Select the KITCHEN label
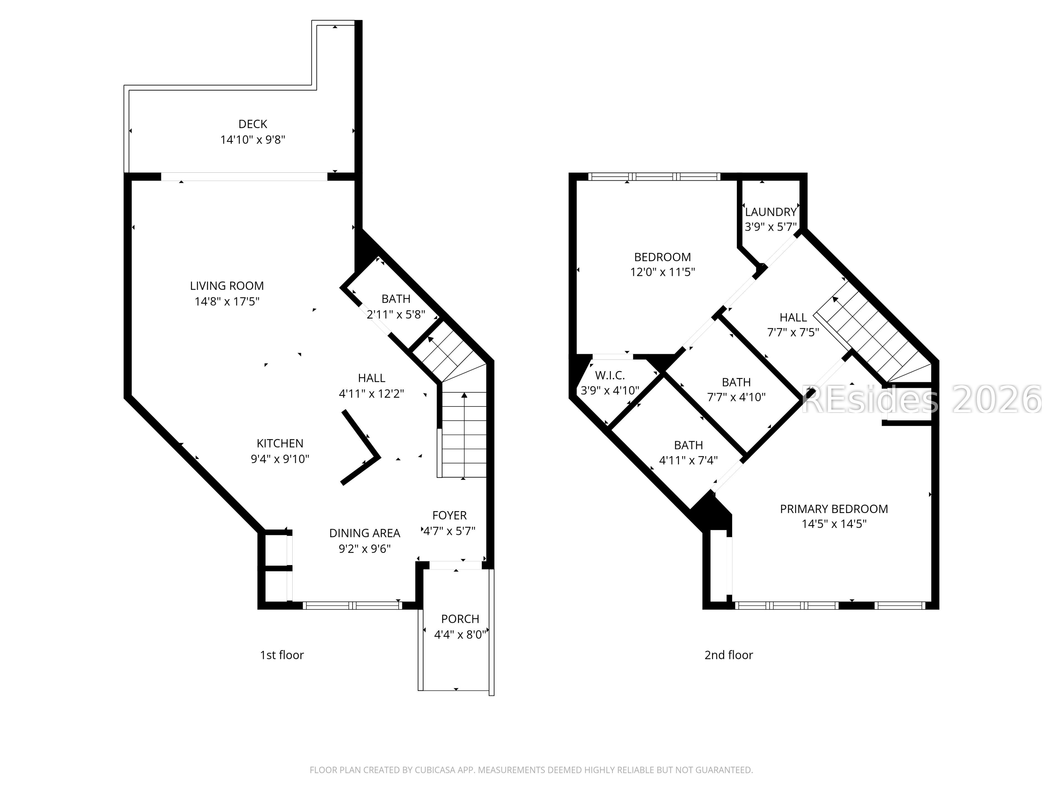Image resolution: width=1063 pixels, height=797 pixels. [280, 443]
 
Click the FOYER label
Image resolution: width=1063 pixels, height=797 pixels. [449, 516]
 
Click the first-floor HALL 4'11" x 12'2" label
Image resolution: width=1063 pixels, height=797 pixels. [371, 378]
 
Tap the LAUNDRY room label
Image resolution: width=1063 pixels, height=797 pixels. [771, 212]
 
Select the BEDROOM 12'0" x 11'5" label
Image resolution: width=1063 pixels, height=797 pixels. [662, 257]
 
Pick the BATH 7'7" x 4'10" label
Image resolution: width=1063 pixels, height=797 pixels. [736, 382]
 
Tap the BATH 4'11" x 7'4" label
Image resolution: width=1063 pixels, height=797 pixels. [688, 445]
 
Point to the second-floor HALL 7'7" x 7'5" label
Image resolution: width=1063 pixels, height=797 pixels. [793, 317]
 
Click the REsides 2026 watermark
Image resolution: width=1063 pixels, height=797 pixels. [920, 400]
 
